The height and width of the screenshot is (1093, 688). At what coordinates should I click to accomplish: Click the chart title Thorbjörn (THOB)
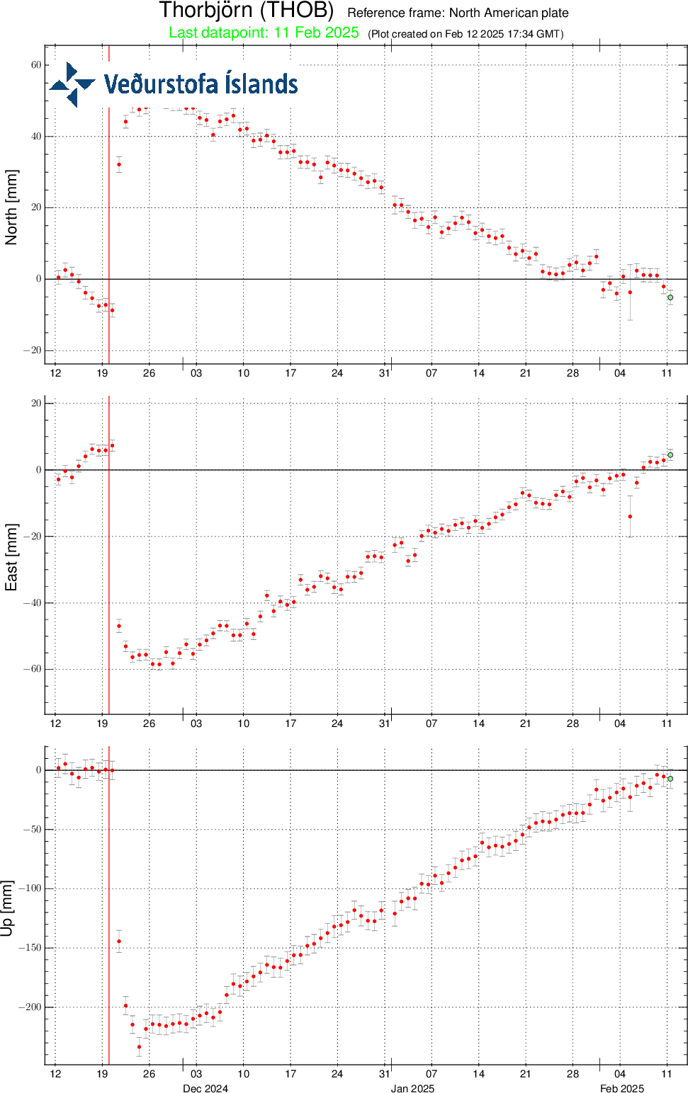tap(246, 11)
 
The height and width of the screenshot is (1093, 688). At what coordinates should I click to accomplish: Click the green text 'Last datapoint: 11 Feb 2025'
tap(264, 33)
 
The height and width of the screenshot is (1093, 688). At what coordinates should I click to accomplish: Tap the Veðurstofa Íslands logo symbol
tap(72, 84)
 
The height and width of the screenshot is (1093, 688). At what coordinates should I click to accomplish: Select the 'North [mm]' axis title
tap(11, 207)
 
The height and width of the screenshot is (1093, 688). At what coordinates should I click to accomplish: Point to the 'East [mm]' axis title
tap(11, 557)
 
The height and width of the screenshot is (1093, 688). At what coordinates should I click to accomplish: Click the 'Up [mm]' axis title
tap(8, 908)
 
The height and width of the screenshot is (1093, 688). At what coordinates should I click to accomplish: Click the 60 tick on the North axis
tap(35, 65)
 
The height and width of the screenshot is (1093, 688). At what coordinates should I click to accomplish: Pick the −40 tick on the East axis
tap(33, 603)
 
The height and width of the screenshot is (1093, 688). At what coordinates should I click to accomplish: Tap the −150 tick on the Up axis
tap(29, 948)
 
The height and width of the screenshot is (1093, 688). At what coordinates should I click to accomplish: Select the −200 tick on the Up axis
tap(29, 1007)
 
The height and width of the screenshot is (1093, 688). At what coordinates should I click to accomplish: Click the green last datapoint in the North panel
tap(670, 297)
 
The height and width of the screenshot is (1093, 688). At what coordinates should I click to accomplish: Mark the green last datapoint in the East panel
tap(670, 455)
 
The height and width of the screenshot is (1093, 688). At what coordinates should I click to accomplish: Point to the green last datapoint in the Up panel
tap(670, 779)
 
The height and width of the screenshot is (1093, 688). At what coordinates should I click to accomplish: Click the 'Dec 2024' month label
tap(205, 1088)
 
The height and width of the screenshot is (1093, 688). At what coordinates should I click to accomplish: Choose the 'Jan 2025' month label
tap(412, 1088)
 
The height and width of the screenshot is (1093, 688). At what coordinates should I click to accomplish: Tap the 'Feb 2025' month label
tap(622, 1088)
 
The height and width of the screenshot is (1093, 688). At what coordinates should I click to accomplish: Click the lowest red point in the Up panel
tap(140, 1047)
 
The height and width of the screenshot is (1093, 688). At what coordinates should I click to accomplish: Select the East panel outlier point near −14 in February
tap(630, 517)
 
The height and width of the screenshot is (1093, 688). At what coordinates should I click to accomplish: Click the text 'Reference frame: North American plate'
tap(458, 13)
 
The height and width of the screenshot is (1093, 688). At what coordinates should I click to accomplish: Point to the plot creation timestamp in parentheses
tap(466, 34)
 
